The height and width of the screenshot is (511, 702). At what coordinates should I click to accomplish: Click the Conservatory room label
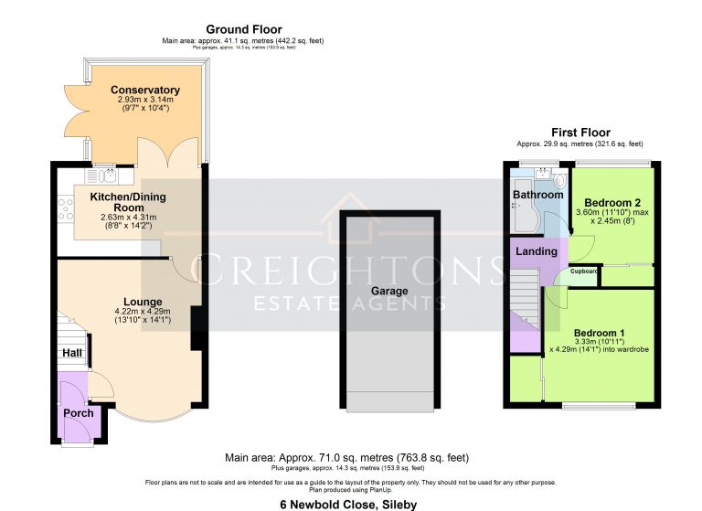coord(144,90)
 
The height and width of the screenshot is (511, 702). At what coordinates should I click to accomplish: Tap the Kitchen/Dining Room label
coord(129,202)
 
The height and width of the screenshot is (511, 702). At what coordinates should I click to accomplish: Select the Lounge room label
coord(144,302)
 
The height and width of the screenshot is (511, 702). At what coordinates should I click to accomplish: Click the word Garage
coord(388,291)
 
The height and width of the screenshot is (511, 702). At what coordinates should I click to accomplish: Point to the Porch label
coord(78,413)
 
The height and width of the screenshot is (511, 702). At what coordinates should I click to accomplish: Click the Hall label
coord(72,353)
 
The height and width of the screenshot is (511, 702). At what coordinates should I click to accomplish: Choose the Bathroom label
coord(537,195)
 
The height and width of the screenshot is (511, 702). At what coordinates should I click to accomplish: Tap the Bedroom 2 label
coord(612,202)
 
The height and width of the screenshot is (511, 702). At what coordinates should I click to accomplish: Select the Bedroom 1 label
coord(600,332)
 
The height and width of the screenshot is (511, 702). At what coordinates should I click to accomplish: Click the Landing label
coord(536,251)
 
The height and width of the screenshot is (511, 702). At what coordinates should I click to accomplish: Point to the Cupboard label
coord(584,271)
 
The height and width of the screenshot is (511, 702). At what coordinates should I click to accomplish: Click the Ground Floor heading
coord(243,29)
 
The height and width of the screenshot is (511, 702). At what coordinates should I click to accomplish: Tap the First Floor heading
coord(580,133)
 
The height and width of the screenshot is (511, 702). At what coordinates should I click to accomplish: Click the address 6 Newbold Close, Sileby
coord(350,503)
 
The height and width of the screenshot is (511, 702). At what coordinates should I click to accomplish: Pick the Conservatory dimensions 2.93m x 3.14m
coord(144,100)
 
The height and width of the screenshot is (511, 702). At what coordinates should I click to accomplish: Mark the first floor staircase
coord(525,302)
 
